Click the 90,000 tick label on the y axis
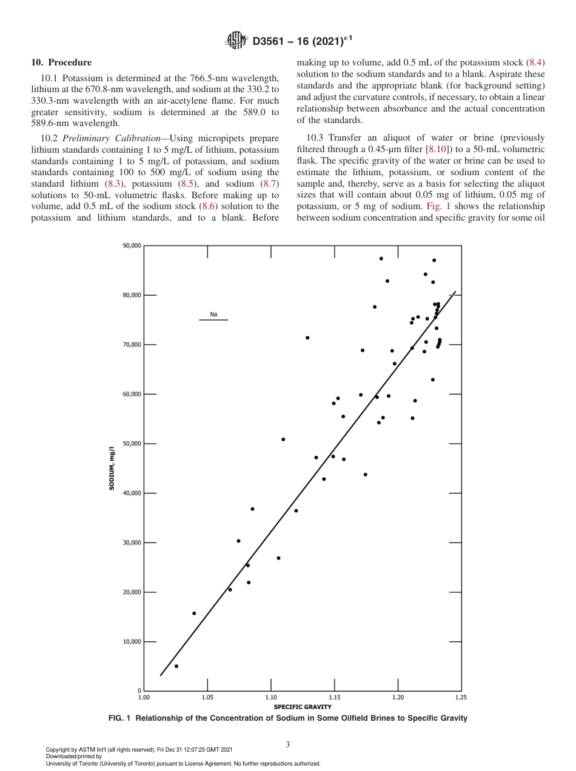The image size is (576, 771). coord(132,245)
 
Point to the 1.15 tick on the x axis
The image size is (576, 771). coord(334,698)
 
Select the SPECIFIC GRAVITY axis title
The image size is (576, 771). coord(303,707)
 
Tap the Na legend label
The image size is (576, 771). coord(213,315)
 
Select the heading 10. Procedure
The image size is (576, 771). coord(61,62)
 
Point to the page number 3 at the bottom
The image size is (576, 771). coord(288,744)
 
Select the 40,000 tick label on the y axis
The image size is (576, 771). coord(132,493)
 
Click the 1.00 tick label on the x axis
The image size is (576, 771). coord(144,698)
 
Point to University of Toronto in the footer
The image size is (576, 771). coord(72,763)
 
